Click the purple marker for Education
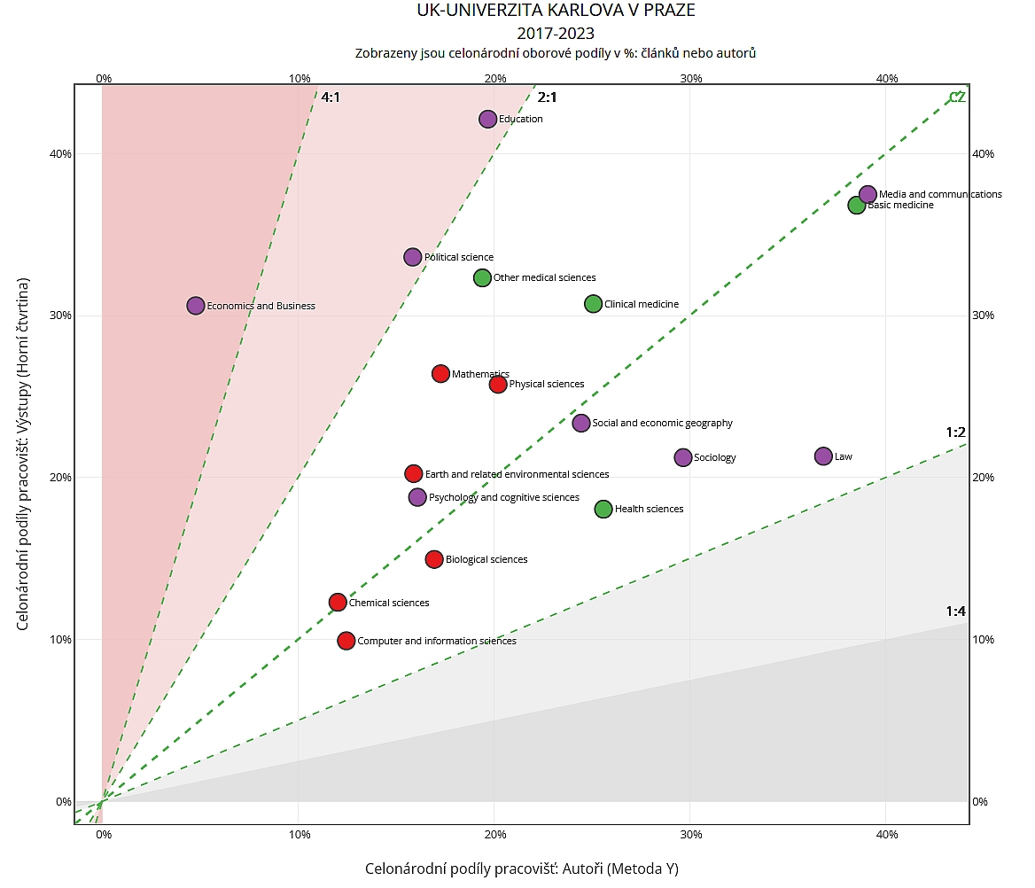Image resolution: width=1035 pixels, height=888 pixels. pos(487,119)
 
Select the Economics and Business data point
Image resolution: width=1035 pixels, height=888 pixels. pos(196,306)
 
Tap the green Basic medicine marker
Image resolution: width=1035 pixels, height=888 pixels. pos(857,205)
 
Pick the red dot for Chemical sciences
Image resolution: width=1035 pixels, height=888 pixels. pos(338,603)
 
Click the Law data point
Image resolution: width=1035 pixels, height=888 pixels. pos(823,456)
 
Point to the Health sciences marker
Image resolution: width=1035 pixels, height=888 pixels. pos(603,509)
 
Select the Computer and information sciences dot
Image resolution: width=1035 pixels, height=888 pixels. pos(346,641)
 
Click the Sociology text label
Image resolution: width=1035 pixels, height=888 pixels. pos(715,458)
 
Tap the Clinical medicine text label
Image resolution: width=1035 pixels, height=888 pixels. pos(642,304)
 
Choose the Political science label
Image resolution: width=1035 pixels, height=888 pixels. pos(459,258)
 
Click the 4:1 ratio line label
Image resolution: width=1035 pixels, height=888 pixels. pos(331,97)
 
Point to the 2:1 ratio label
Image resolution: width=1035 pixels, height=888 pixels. pos(547,97)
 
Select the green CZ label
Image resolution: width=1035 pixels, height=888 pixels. pos(957,97)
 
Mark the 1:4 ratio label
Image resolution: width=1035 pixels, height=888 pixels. pos(955,611)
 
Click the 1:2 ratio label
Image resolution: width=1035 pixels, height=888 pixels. pos(955,432)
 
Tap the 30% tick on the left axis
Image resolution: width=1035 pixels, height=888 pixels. pos(60,315)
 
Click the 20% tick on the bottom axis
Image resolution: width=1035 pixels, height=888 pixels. pos(495,835)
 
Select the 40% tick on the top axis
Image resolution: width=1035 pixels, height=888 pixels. pos(887,78)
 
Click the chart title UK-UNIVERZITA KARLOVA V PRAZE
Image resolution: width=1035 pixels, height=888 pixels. pos(556,12)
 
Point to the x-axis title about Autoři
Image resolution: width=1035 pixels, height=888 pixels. pos(522,869)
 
